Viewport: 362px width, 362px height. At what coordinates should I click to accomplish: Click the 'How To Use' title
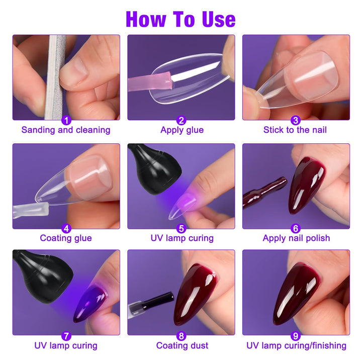pos(180,19)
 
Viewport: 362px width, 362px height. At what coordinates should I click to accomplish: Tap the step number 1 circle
pos(66,120)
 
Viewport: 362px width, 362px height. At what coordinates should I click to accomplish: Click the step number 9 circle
pos(296,336)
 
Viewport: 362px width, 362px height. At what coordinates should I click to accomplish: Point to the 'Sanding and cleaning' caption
pos(66,130)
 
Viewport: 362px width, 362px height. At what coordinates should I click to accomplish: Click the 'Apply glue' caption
pos(182,130)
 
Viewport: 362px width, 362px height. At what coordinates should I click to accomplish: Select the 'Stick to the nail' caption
pos(295,130)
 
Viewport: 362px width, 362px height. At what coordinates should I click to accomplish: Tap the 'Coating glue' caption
pos(66,238)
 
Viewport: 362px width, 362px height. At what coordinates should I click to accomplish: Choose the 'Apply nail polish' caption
pos(296,238)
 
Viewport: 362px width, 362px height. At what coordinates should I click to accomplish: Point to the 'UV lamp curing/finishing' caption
pos(296,345)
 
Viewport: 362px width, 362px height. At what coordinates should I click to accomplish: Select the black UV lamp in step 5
pos(149,171)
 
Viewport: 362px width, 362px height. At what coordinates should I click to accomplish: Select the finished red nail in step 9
pos(297,292)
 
